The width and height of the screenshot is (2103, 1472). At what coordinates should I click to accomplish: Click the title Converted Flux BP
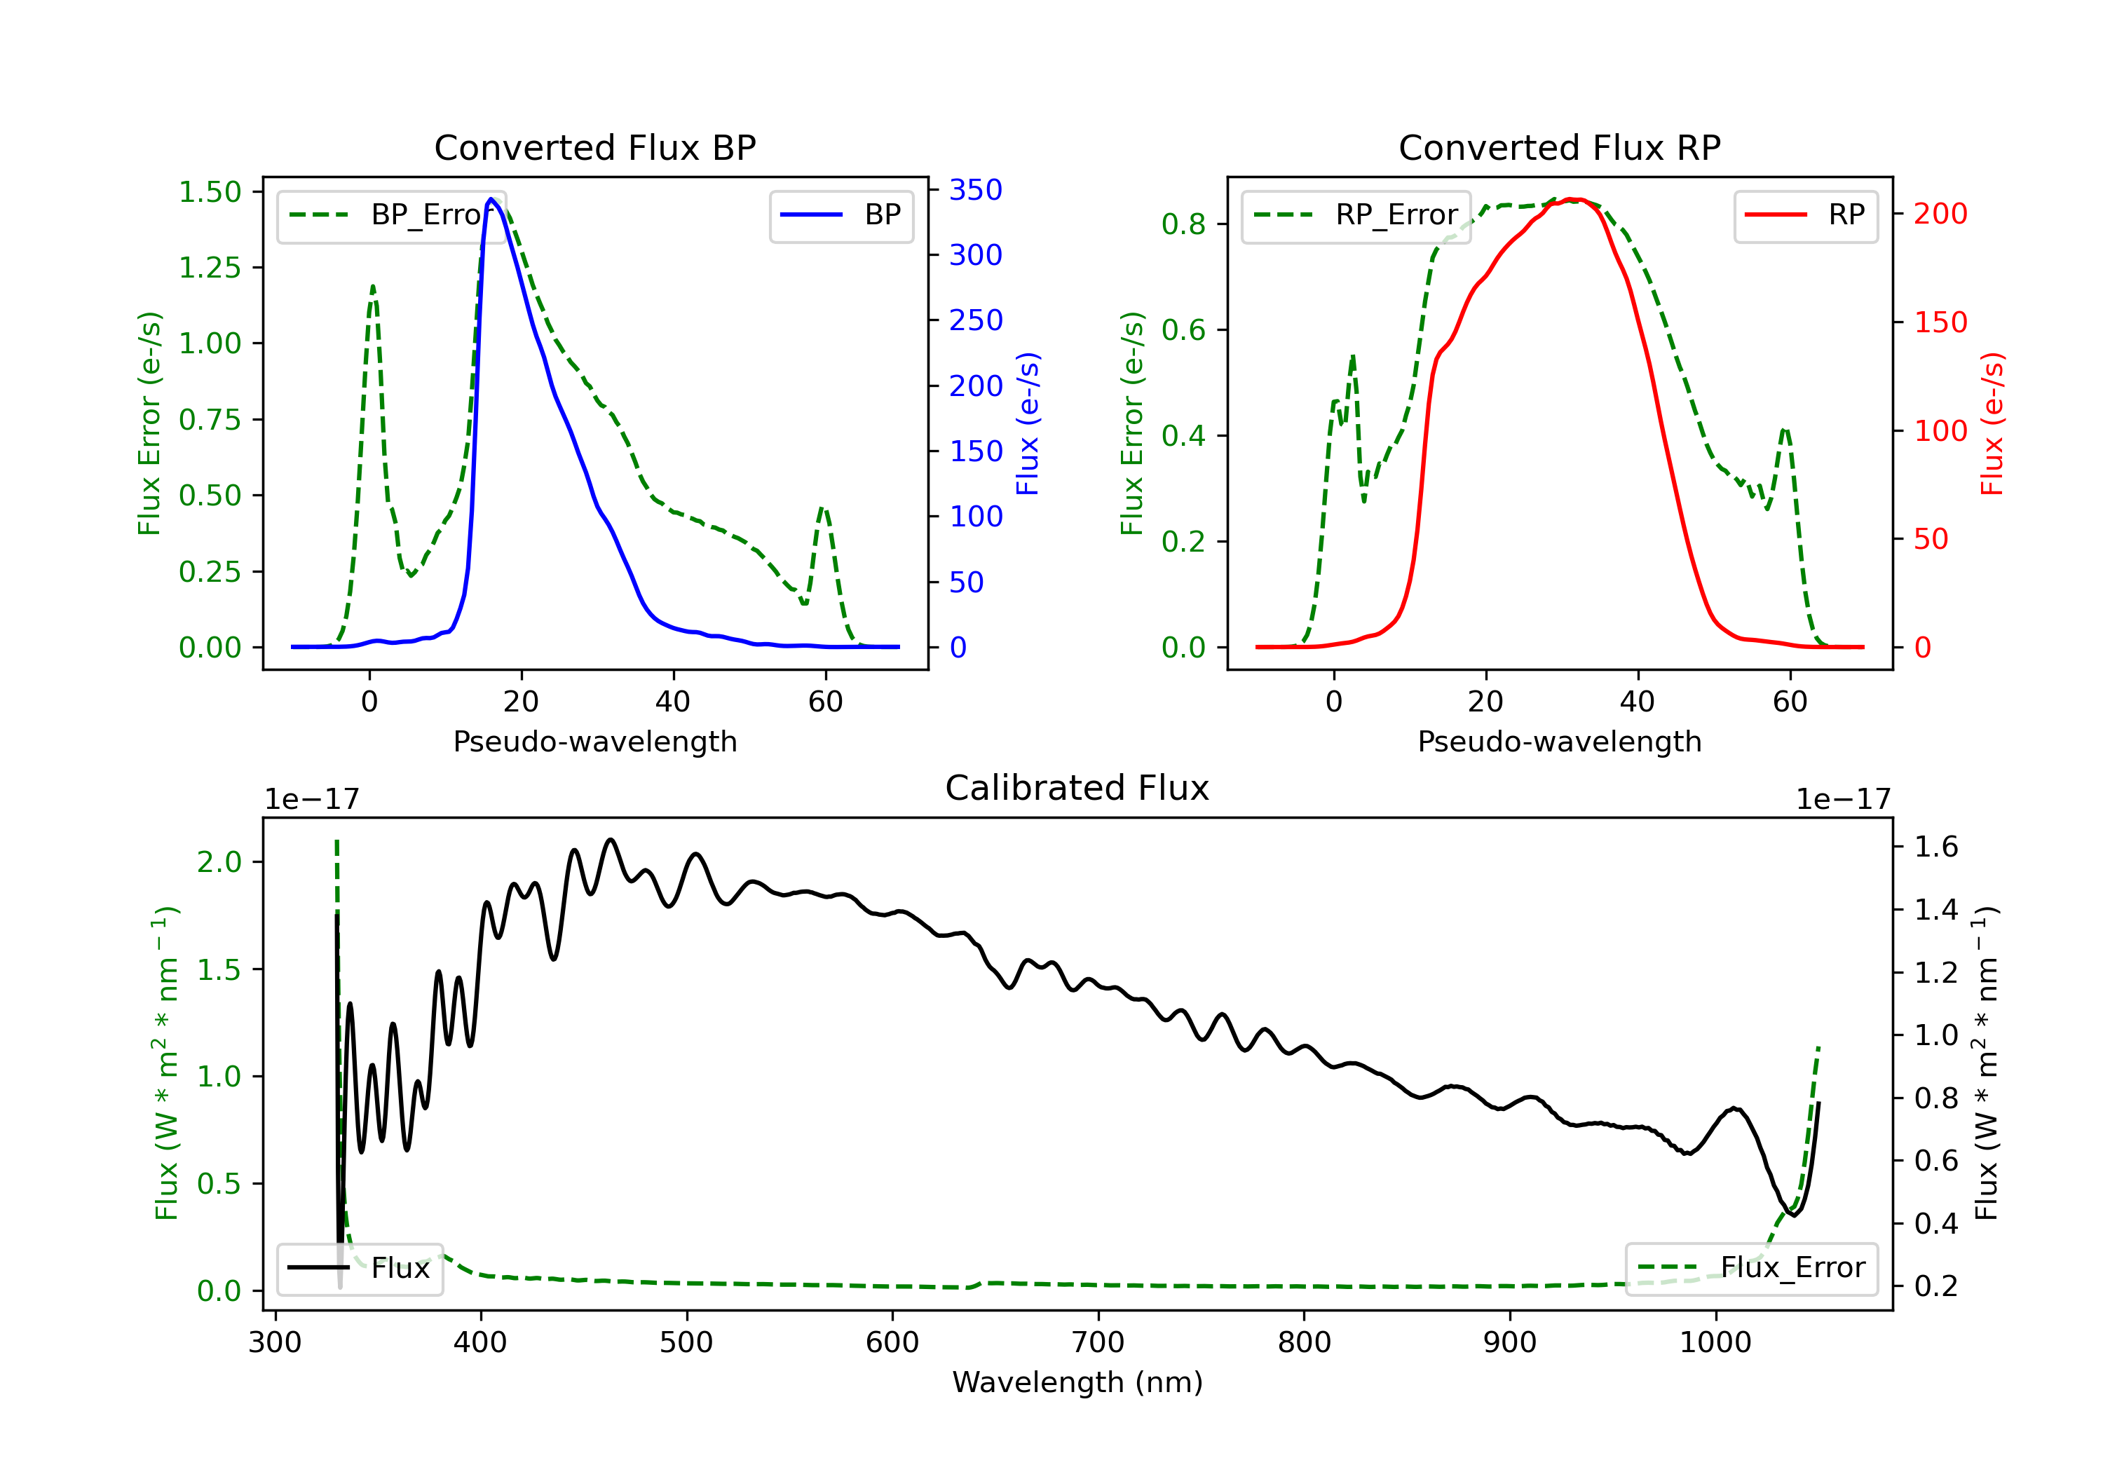tap(594, 147)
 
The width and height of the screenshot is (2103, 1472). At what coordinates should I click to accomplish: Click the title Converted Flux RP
tap(1559, 147)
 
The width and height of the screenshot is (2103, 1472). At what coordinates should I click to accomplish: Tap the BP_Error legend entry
tap(391, 215)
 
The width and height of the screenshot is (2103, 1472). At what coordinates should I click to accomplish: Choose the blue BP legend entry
tap(840, 215)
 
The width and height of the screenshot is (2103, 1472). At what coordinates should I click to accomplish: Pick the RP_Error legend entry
tap(1356, 215)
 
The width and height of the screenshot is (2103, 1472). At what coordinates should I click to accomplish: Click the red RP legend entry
tap(1805, 215)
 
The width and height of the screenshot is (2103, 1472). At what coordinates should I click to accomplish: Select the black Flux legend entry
tap(359, 1268)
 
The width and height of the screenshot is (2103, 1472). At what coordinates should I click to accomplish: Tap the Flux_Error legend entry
tap(1751, 1268)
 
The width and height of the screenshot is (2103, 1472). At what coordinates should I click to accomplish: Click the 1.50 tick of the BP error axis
tap(210, 191)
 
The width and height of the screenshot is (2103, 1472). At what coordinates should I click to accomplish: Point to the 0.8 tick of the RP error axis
tap(1183, 224)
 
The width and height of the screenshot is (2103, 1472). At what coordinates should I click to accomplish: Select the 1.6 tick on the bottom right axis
tap(1936, 846)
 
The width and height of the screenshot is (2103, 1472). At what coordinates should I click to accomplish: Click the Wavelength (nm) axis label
tap(1077, 1382)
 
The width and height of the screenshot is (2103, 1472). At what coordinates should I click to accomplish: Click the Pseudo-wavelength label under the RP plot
tap(1559, 741)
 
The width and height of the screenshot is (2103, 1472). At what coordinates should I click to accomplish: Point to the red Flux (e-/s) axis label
tap(1992, 423)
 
